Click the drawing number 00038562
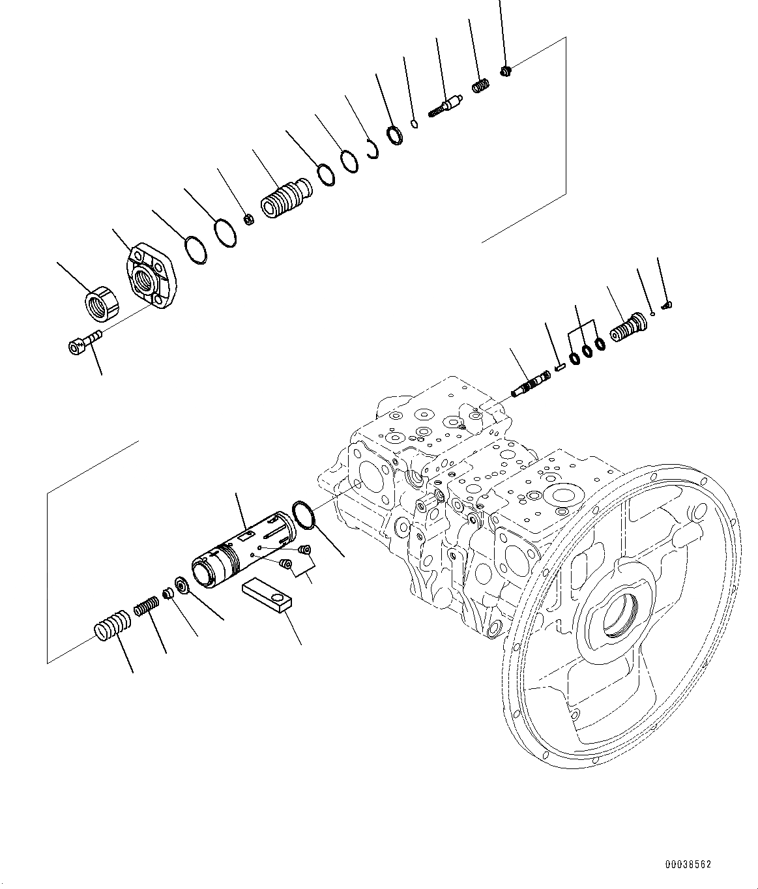tap(688, 864)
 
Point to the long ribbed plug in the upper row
tap(285, 196)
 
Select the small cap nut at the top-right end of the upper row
tap(506, 70)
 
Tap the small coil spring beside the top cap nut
tap(481, 86)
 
